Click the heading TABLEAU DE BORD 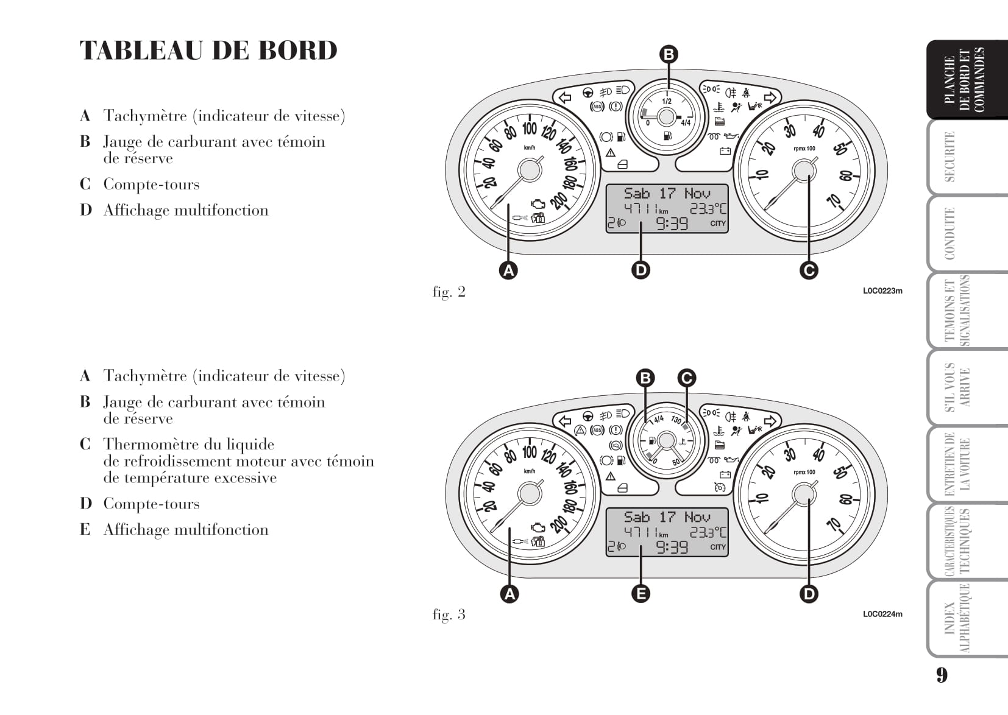[208, 51]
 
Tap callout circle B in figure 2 [669, 55]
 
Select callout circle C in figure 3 [686, 378]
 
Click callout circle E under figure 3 [641, 593]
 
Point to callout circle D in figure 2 [641, 270]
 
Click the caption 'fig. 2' [449, 292]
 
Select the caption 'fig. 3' [449, 615]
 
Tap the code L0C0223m [882, 291]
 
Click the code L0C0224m [882, 614]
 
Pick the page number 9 [942, 675]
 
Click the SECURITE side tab [949, 157]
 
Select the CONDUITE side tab [949, 234]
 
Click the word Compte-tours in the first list [151, 185]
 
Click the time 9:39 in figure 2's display [672, 224]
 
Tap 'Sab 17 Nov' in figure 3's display [667, 517]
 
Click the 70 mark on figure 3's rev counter [834, 524]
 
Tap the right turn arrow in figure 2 [770, 97]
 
